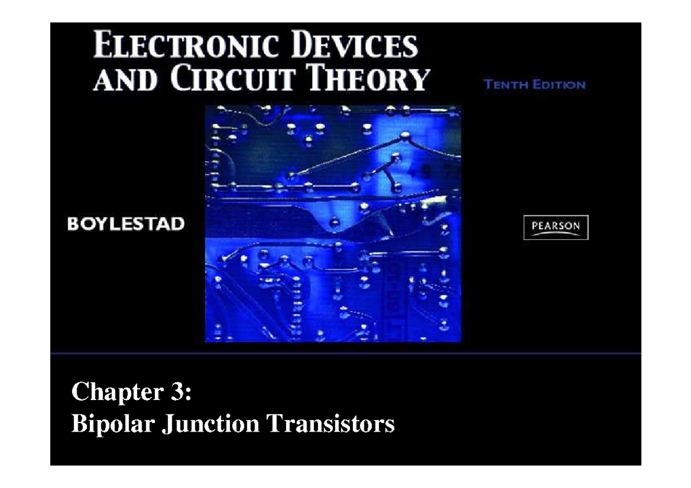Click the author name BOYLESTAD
pos(126,224)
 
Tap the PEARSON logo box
pos(556,227)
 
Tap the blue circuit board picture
pos(333,224)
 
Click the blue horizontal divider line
pos(345,353)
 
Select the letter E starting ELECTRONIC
pos(102,46)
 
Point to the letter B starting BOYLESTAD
pos(73,224)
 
